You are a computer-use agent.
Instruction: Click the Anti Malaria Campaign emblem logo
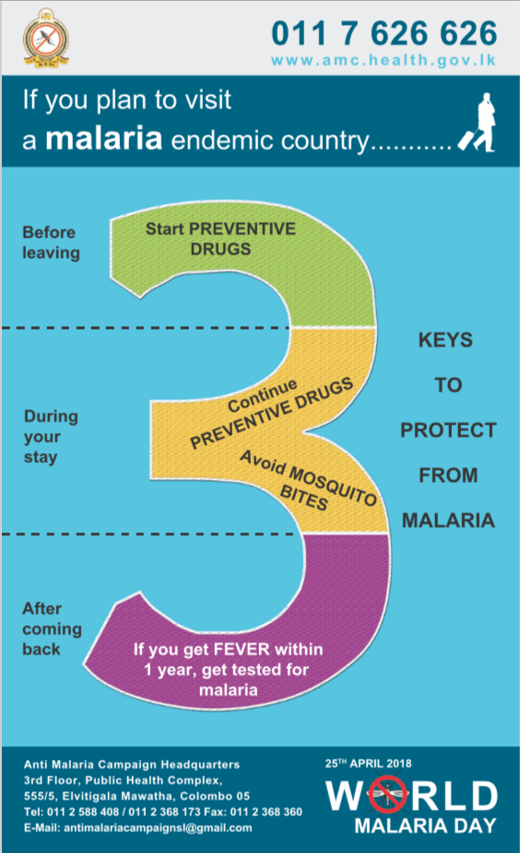click(46, 39)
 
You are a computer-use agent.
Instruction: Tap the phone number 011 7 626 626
click(384, 33)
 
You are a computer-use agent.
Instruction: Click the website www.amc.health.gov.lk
click(384, 60)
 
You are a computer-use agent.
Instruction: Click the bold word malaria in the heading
click(104, 138)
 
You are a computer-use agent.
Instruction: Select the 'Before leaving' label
click(52, 242)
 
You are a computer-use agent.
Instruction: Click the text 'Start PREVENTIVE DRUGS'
click(220, 239)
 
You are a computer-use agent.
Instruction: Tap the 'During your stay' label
click(51, 437)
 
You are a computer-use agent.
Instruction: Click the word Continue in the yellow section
click(263, 395)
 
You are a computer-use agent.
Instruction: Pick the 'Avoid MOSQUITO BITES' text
click(307, 480)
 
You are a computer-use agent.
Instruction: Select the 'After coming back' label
click(52, 629)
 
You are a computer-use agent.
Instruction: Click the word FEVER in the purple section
click(242, 649)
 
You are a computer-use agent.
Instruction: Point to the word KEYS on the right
click(445, 340)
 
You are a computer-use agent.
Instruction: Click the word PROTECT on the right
click(448, 430)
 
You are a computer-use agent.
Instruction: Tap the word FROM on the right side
click(448, 475)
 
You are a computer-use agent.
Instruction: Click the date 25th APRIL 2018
click(368, 764)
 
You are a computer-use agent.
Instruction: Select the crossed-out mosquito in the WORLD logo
click(387, 795)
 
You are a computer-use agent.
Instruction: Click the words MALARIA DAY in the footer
click(425, 825)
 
